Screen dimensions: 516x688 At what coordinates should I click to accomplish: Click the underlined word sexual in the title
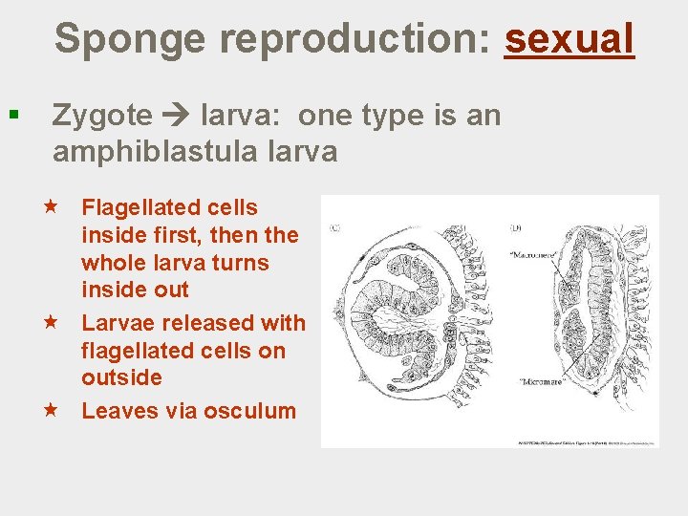coord(570,39)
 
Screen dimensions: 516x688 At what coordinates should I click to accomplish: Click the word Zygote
coord(102,116)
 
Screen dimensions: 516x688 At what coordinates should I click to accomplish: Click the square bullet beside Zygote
coord(12,116)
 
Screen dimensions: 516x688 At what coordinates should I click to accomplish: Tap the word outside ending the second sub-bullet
coord(121,378)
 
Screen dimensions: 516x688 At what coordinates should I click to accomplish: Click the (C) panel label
coord(335,227)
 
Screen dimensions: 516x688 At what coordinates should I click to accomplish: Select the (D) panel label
coord(517,227)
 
